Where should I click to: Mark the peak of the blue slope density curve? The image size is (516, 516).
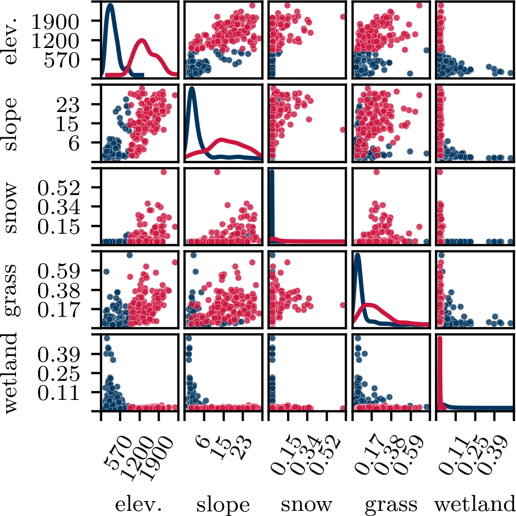[x=192, y=89]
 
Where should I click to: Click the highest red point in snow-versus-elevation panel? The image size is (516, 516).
[x=164, y=172]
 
